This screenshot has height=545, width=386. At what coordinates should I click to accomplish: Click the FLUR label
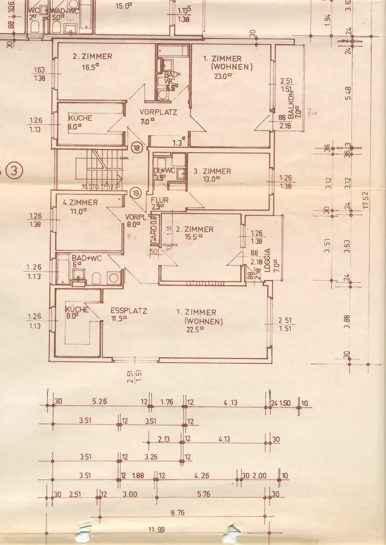[160, 199]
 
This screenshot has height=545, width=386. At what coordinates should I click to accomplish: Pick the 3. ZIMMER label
[212, 171]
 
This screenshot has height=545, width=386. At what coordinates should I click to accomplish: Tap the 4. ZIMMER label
[80, 202]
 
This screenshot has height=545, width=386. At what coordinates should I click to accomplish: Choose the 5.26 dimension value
[99, 402]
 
